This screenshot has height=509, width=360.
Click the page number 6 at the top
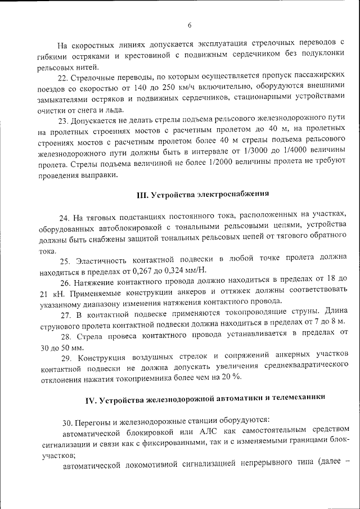pyautogui.click(x=190, y=24)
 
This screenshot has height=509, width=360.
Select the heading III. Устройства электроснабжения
pyautogui.click(x=203, y=194)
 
